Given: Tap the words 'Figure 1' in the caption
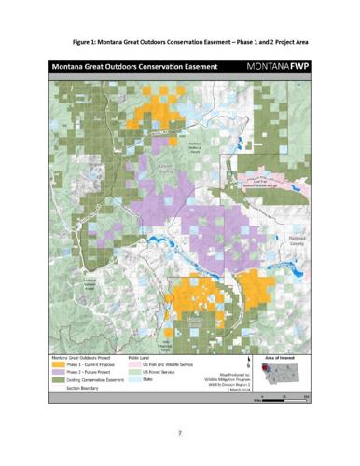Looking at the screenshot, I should pyautogui.click(x=87, y=44).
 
